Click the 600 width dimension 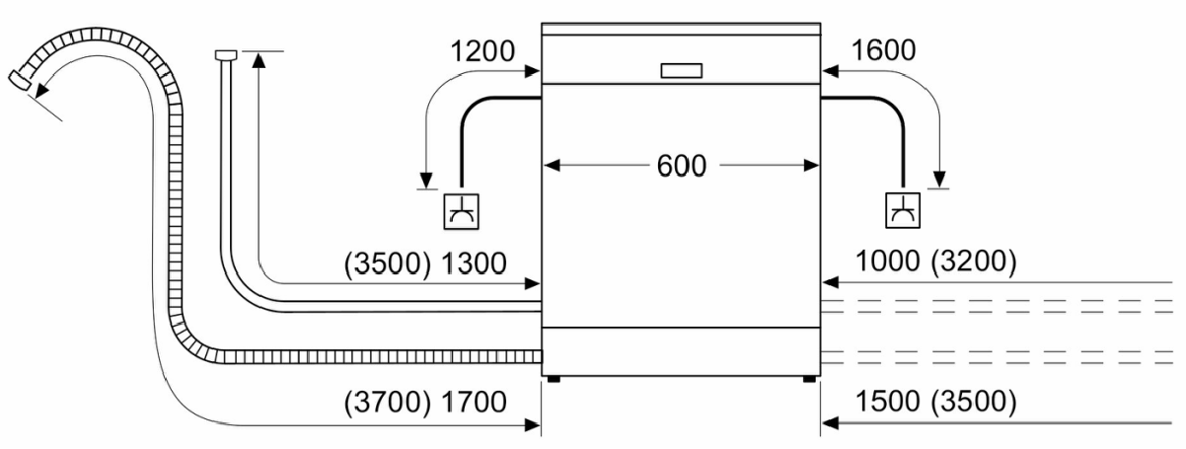tap(682, 166)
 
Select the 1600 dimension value tap(883, 50)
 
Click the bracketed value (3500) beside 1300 tap(386, 263)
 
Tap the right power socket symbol tap(903, 211)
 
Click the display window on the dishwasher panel tap(680, 70)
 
